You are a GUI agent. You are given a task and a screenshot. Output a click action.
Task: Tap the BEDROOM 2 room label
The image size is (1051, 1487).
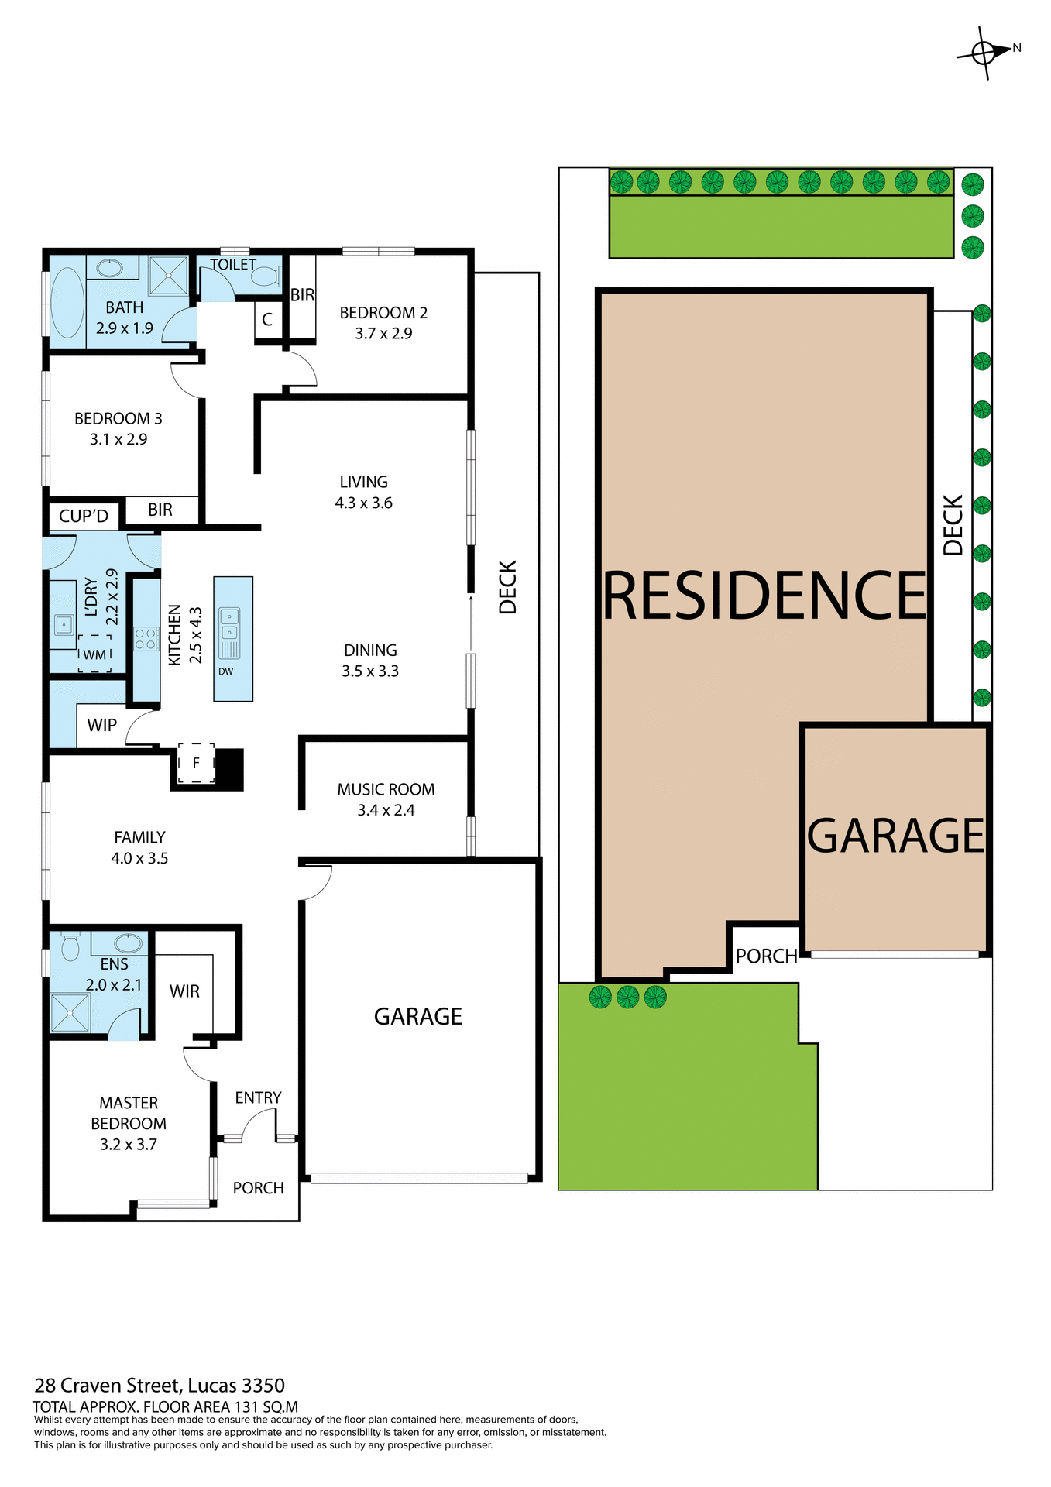point(383,313)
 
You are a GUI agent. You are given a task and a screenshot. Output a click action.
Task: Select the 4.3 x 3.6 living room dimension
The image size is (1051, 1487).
point(363,503)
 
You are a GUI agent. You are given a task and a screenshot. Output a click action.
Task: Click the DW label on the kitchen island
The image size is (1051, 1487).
point(225,671)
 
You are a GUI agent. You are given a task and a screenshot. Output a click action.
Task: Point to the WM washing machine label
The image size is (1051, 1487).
point(94,655)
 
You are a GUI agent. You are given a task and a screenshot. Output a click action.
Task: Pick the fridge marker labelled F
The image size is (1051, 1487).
point(196,763)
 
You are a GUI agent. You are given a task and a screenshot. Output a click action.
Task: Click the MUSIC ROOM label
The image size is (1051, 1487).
point(386,789)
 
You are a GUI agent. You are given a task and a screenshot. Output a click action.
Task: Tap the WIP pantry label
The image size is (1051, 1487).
point(101,726)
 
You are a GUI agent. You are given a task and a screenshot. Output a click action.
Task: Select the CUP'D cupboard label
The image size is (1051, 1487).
point(84,517)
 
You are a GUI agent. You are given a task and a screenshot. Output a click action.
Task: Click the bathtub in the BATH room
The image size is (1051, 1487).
point(67,303)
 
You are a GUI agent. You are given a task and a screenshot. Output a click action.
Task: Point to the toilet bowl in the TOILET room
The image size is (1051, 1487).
point(266,276)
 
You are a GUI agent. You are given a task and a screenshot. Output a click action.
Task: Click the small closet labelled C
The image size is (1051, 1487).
point(267,320)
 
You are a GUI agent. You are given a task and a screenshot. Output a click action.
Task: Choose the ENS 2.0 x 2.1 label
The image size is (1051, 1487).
point(114,974)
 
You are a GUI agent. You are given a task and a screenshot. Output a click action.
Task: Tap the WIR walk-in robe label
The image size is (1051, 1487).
point(184,991)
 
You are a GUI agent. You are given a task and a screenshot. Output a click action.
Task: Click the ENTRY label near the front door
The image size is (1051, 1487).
point(258,1097)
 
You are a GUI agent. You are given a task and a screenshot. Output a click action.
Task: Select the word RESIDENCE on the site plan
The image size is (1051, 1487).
point(764,596)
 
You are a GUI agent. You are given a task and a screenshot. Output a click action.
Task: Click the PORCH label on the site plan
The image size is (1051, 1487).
point(766,956)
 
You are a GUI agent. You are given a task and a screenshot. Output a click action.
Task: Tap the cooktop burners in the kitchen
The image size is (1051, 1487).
point(146,639)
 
